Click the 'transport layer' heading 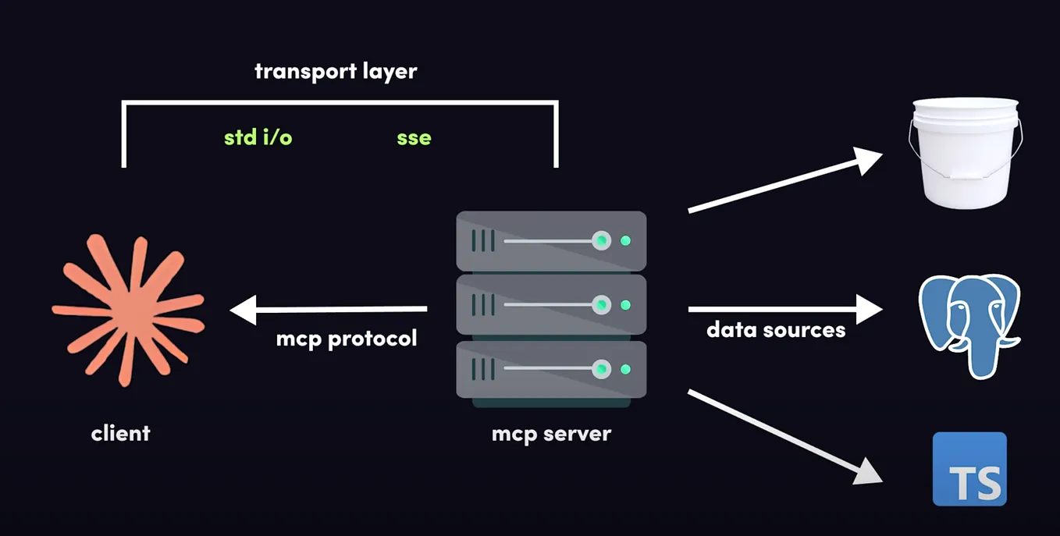[336, 72]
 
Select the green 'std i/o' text [258, 138]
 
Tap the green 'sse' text [414, 138]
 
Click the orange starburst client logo [128, 309]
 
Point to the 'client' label [120, 433]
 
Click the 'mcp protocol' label [347, 339]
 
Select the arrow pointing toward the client [328, 310]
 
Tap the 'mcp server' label [551, 433]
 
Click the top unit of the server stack [551, 241]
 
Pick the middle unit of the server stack [551, 304]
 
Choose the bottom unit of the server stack [551, 369]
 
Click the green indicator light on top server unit [625, 241]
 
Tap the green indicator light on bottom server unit [625, 369]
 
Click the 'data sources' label [776, 330]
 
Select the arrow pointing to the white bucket [784, 181]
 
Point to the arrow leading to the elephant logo [784, 309]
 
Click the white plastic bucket [966, 153]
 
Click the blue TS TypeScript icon [969, 469]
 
